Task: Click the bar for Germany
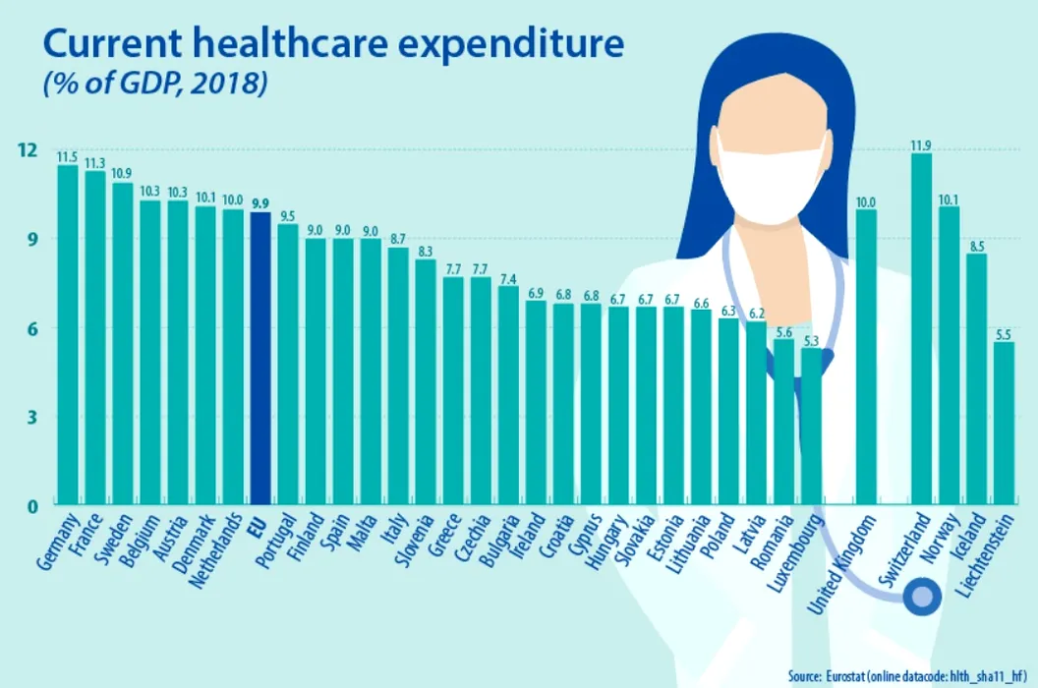[68, 334]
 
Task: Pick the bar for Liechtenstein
[1004, 423]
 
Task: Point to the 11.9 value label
[921, 146]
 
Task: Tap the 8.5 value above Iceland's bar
[976, 247]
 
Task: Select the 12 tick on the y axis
[27, 149]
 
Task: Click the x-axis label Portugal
[277, 540]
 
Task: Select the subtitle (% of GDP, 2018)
[154, 85]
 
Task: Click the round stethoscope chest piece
[922, 597]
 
